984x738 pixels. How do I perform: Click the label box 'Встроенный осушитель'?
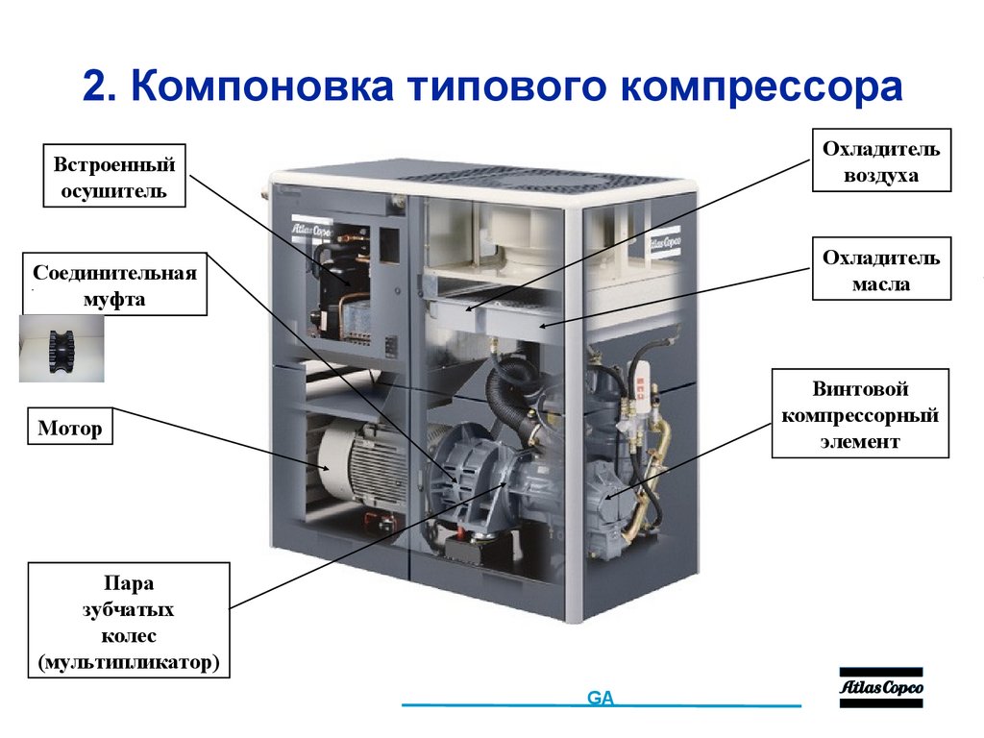114,176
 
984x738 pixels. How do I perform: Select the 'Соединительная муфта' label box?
114,284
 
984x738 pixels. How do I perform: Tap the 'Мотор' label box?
70,428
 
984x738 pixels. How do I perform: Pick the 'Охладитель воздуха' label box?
880,161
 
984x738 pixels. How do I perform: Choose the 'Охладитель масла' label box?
880,271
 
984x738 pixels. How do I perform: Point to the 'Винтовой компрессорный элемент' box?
860,414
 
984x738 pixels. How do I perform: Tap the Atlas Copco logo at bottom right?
880,687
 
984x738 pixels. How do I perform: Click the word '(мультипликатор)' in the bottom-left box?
130,662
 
